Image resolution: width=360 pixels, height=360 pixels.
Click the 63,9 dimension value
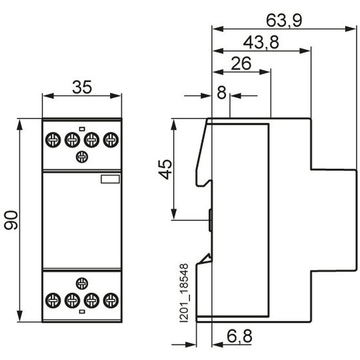point(284,21)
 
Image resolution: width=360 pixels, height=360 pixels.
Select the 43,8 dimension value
point(261,43)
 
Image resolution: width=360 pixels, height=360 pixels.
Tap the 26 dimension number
point(241,63)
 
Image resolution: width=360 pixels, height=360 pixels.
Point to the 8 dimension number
point(221,93)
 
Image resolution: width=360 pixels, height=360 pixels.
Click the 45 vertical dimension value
point(165,169)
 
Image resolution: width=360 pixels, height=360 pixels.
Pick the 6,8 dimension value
point(239,337)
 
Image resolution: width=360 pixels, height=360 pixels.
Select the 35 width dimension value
point(82,87)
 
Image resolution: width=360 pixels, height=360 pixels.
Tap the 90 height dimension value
point(11,220)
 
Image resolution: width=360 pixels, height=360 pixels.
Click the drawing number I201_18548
point(184,293)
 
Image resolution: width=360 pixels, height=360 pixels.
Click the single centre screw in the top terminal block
point(82,157)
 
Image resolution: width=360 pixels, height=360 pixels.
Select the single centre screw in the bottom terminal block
point(82,283)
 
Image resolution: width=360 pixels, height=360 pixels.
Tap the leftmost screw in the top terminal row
point(53,140)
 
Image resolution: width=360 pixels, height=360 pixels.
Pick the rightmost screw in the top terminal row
point(111,140)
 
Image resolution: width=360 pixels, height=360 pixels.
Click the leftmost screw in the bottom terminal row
point(53,301)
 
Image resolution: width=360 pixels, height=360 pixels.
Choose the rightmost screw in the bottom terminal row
point(111,301)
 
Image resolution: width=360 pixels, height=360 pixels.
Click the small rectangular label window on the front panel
point(110,179)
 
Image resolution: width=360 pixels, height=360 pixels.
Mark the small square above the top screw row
point(82,129)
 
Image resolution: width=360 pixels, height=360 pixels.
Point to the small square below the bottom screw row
point(82,311)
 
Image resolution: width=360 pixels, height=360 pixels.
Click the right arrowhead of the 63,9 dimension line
point(351,29)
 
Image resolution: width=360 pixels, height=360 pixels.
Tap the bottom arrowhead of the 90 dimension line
point(20,317)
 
